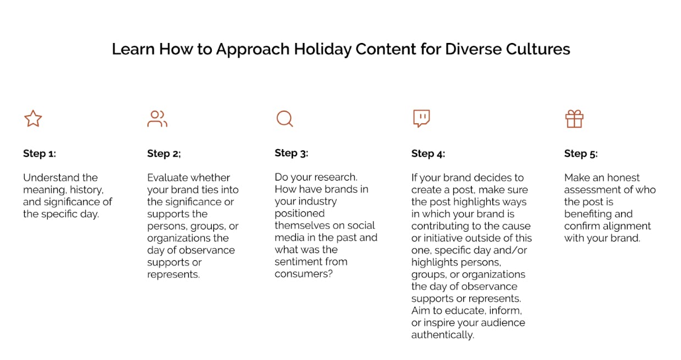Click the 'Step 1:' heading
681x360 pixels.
40,154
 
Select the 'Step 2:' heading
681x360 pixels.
164,154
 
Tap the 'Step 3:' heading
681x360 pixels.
291,153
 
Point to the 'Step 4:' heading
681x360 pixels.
428,154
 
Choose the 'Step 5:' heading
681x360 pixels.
581,154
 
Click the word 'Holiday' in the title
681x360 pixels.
322,50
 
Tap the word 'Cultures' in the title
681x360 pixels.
538,49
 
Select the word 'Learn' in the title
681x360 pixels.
134,49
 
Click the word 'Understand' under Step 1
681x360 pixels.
51,177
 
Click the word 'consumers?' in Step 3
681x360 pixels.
304,274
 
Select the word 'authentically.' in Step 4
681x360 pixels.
443,335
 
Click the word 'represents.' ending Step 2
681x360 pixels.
173,275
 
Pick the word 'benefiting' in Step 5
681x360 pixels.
588,214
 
